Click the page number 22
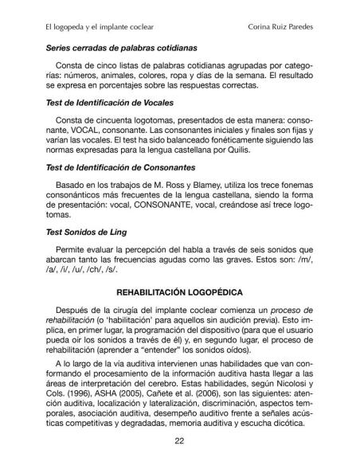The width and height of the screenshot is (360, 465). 179,444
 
